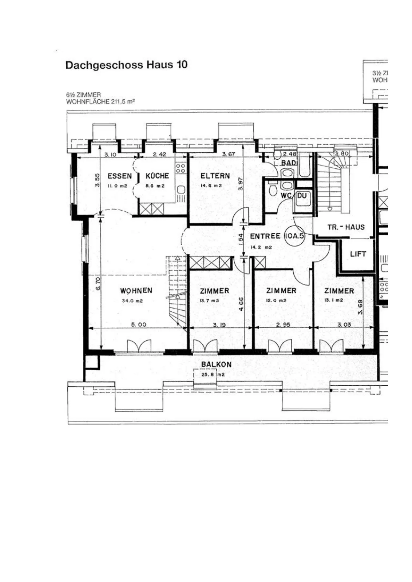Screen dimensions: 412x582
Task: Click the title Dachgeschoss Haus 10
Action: click(x=126, y=65)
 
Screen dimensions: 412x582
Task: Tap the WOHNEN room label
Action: click(x=136, y=290)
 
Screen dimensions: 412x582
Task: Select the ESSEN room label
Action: click(x=120, y=176)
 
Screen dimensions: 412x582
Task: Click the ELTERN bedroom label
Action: click(x=215, y=176)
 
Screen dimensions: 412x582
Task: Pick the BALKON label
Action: click(x=216, y=364)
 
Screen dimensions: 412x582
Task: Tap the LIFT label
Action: click(x=358, y=254)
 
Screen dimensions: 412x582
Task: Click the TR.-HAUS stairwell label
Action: click(x=346, y=227)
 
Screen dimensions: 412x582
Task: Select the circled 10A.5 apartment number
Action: click(x=294, y=236)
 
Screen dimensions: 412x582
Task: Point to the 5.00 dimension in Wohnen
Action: click(x=139, y=324)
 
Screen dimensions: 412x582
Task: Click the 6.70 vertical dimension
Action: click(x=98, y=284)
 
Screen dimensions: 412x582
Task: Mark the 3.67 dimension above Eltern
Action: click(x=229, y=154)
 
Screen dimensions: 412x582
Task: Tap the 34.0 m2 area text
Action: click(x=132, y=301)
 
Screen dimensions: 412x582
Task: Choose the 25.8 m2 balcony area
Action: click(x=213, y=375)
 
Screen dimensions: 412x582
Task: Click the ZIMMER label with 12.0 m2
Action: click(x=281, y=291)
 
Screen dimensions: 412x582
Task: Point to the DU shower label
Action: click(x=302, y=195)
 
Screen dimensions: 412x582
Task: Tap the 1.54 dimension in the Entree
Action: click(x=241, y=239)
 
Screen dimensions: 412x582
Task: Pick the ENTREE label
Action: click(x=265, y=236)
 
